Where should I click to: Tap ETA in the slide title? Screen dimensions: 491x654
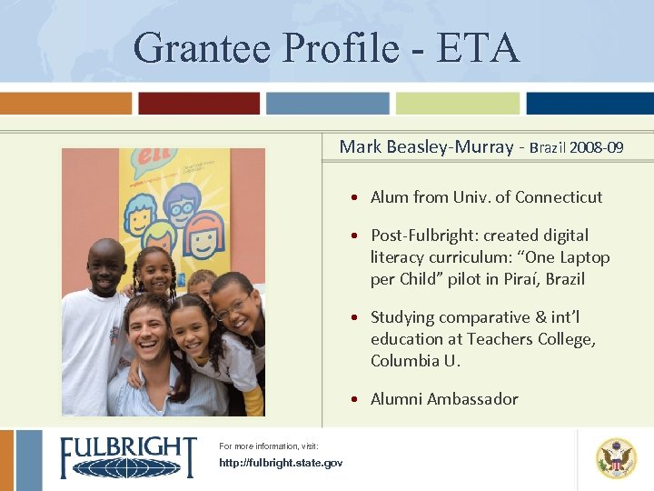coord(479,47)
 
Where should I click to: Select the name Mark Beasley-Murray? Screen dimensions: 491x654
coord(426,146)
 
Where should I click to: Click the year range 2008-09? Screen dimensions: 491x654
coord(596,147)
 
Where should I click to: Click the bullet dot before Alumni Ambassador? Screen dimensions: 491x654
coord(360,399)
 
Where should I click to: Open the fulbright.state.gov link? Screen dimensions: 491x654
coord(281,464)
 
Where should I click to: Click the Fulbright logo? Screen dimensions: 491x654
coord(127,457)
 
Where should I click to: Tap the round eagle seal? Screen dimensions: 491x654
coord(616,458)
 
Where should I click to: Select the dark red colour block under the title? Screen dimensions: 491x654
coord(198,104)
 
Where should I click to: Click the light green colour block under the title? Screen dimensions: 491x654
coord(458,104)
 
